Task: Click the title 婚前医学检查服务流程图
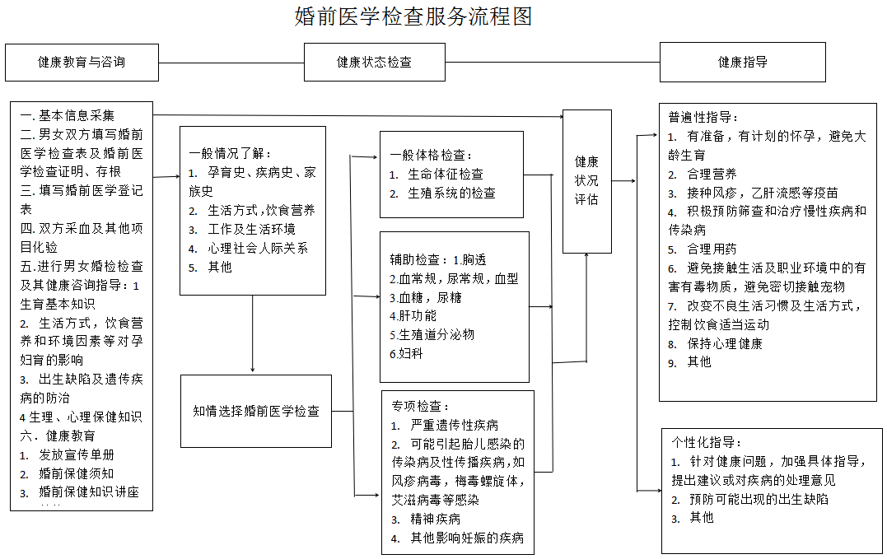click(413, 16)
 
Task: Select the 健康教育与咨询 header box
click(82, 62)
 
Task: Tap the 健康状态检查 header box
click(374, 62)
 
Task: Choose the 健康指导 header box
click(742, 62)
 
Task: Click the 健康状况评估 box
click(586, 180)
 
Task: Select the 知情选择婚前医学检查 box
click(256, 411)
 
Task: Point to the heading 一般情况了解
click(230, 153)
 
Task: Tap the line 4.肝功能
click(413, 315)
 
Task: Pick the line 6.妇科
click(407, 353)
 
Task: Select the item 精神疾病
click(436, 519)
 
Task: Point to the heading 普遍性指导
click(703, 117)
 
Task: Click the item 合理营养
click(712, 174)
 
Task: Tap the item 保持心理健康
click(725, 343)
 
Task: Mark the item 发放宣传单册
click(77, 454)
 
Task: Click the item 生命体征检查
click(446, 174)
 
